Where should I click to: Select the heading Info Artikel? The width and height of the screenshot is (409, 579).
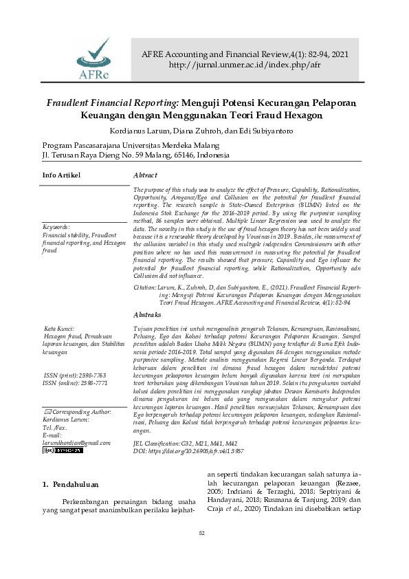(x=61, y=175)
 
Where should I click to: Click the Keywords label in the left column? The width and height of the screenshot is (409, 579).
(x=56, y=226)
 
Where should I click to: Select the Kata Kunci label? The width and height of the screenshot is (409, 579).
(x=59, y=329)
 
